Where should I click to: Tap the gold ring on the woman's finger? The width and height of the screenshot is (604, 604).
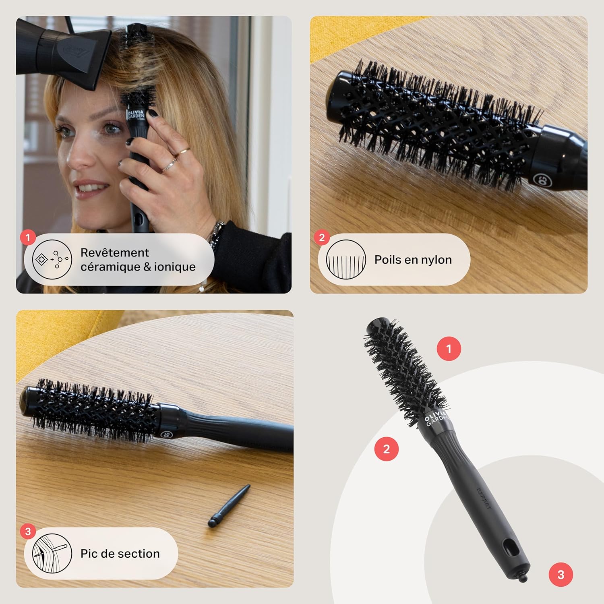184,151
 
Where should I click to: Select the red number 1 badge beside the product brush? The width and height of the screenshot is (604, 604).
449,348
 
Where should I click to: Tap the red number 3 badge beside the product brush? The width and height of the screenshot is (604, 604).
561,575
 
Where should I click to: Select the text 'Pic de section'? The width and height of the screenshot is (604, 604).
120,554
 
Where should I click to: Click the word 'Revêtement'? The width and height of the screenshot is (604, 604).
115,252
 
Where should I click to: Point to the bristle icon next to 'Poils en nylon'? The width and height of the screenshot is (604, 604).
345,260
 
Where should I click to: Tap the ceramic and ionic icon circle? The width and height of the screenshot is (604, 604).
52,260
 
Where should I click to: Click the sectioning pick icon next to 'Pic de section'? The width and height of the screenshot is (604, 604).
52,554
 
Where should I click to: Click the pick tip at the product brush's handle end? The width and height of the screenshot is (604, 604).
523,578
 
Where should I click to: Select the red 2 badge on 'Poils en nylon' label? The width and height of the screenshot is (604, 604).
322,238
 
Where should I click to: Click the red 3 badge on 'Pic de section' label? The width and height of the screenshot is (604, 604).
28,532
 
